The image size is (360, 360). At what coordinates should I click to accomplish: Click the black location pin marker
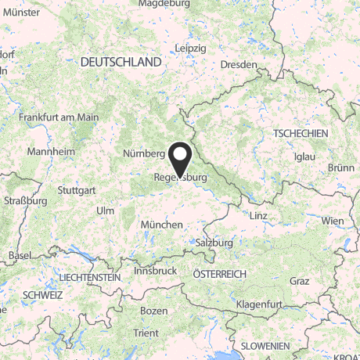[181, 159]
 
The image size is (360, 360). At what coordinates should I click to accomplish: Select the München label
[161, 225]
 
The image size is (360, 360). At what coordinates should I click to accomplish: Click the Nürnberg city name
[143, 153]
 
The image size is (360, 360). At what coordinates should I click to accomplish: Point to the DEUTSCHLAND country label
[121, 62]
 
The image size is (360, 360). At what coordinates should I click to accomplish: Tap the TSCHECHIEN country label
[301, 135]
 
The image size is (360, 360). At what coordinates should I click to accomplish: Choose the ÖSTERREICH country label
[220, 273]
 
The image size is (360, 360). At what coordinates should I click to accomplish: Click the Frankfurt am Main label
[59, 117]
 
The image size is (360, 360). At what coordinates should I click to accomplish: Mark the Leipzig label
[191, 49]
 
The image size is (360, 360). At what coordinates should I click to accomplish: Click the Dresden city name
[239, 65]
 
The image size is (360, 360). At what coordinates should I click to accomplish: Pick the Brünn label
[342, 167]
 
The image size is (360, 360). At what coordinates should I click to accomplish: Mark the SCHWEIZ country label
[42, 295]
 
